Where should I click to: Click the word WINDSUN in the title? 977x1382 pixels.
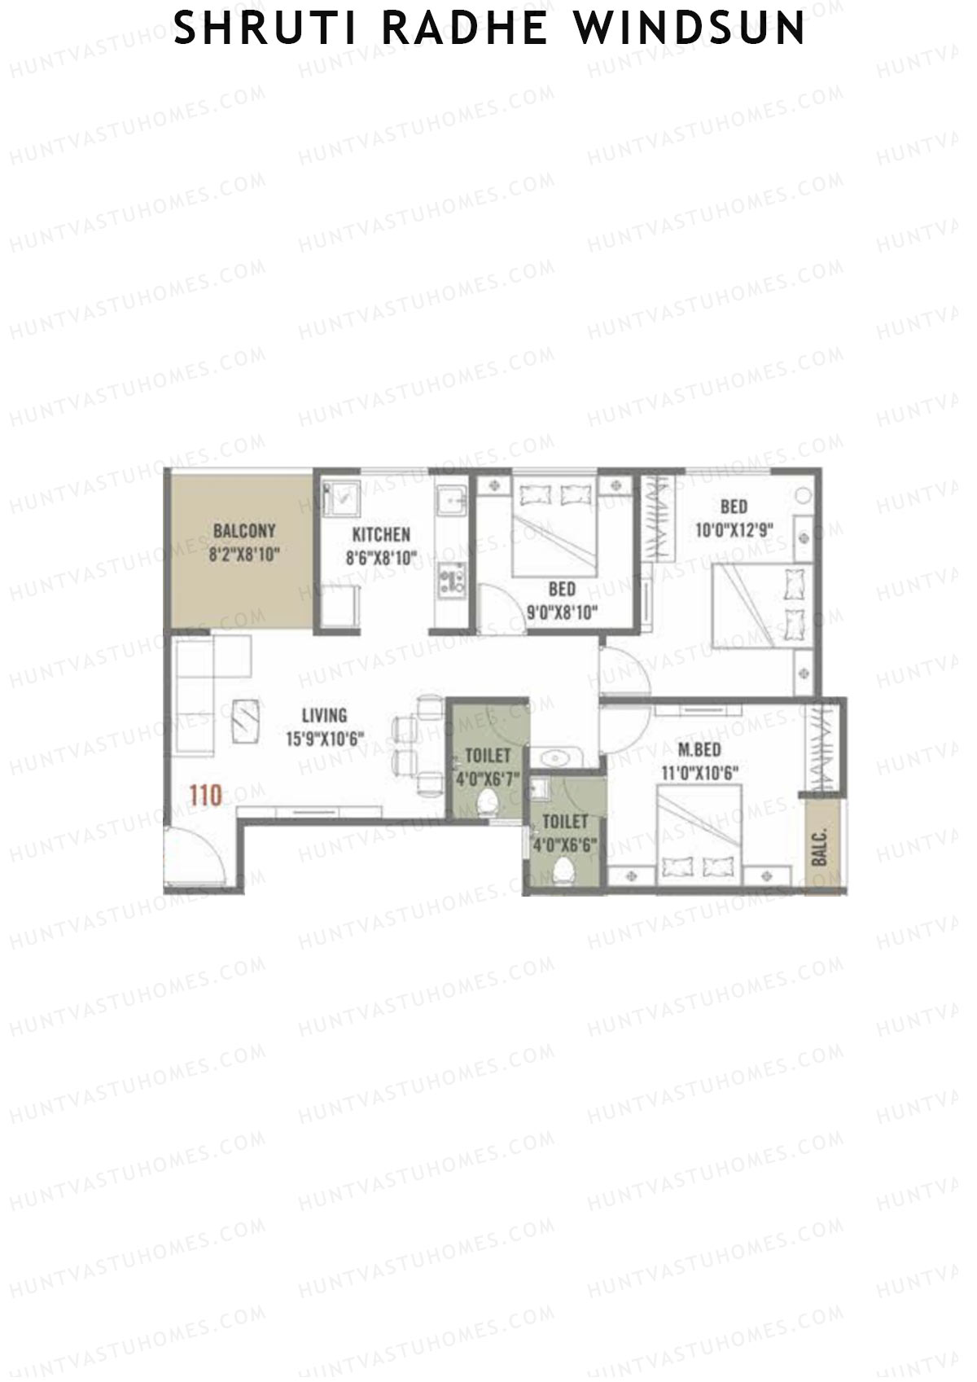pos(690,29)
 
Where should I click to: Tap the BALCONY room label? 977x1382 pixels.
pos(243,531)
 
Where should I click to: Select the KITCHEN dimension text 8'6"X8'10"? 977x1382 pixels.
pos(381,558)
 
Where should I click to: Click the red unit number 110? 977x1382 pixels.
pos(205,794)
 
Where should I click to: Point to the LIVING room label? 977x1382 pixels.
pos(324,716)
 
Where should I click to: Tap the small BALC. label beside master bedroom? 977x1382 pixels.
pos(820,848)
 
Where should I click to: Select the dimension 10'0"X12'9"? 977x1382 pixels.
pos(734,530)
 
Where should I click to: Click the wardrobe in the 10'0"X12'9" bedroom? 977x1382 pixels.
pos(660,519)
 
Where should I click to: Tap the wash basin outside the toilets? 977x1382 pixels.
pos(555,758)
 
